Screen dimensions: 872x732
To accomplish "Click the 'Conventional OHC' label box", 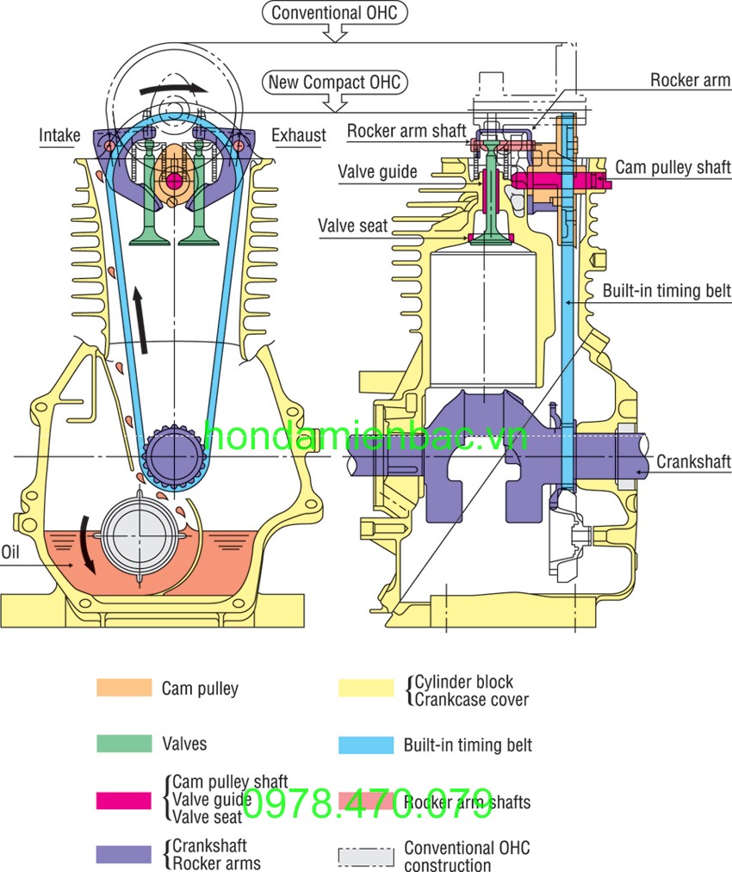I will coord(335,13).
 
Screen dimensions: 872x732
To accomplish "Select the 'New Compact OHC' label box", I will coord(335,83).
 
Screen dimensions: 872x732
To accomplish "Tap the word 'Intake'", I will coord(59,135).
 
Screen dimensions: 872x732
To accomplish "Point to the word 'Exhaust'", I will coord(299,135).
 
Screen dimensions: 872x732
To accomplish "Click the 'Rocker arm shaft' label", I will coord(406,131).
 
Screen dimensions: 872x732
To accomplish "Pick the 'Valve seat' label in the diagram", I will coord(353,226).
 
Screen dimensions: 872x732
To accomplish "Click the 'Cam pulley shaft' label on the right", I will coord(673,168).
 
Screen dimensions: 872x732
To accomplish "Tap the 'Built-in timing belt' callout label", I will coord(667,291).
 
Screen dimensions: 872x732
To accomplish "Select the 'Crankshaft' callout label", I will coord(693,462).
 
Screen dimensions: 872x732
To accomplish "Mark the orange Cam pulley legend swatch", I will coord(123,688).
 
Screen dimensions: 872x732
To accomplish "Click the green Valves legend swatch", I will coord(123,744).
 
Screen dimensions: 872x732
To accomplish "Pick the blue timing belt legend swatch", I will coord(365,745).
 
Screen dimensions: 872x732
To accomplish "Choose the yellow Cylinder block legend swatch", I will coord(365,688).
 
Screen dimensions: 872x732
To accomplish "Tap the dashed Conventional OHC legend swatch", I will coord(365,857).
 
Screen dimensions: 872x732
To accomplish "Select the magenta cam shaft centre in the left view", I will coord(175,180).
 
